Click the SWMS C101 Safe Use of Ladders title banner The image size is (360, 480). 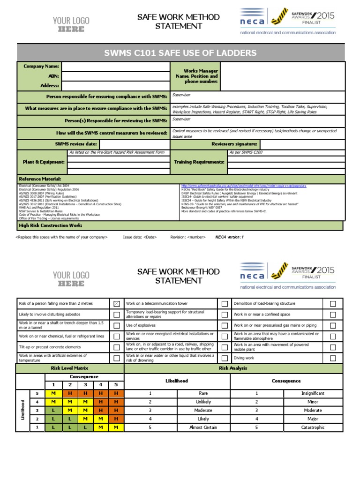180,52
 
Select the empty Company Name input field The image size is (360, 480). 115,67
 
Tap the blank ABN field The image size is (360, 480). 115,76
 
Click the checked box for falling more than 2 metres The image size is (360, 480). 117,304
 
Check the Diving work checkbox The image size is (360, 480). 333,358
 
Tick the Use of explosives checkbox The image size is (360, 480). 225,325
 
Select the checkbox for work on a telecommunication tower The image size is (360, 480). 225,304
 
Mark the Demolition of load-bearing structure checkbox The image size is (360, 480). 333,304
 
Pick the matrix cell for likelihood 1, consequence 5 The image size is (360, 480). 116,427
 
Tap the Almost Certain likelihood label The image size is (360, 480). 203,427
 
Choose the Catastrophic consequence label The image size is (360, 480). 313,427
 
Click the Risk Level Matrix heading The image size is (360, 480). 69,368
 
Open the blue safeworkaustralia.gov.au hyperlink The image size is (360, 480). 243,186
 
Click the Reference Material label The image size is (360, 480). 40,179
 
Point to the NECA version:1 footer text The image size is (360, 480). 229,237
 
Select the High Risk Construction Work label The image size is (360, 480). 50,225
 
